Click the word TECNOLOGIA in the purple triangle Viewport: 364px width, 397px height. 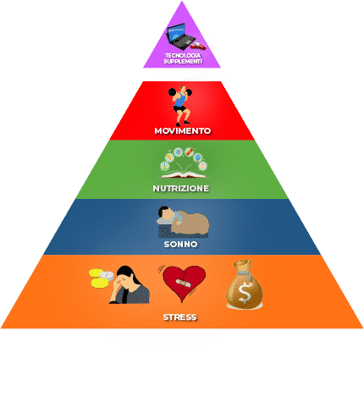[x=183, y=56]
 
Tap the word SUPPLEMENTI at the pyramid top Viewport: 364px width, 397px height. [x=183, y=61]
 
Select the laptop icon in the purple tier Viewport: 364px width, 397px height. [x=180, y=36]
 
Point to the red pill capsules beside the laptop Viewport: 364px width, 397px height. [x=198, y=46]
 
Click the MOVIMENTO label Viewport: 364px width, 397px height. [x=183, y=131]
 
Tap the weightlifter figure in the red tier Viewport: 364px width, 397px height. [x=180, y=106]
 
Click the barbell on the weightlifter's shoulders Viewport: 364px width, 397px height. [x=179, y=91]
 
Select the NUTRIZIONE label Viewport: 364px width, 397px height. [x=181, y=188]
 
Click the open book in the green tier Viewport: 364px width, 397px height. [x=184, y=175]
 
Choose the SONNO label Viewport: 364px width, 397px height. [x=180, y=244]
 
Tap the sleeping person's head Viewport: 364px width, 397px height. [x=165, y=213]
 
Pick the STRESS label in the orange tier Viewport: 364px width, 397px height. [x=180, y=317]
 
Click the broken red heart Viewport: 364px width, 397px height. [x=184, y=282]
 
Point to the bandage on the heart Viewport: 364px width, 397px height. [x=184, y=282]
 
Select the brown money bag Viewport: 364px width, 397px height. [x=245, y=284]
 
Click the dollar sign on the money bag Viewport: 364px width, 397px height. [x=245, y=292]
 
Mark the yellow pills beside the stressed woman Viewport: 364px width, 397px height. [x=98, y=278]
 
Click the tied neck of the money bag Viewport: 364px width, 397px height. [x=243, y=273]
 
